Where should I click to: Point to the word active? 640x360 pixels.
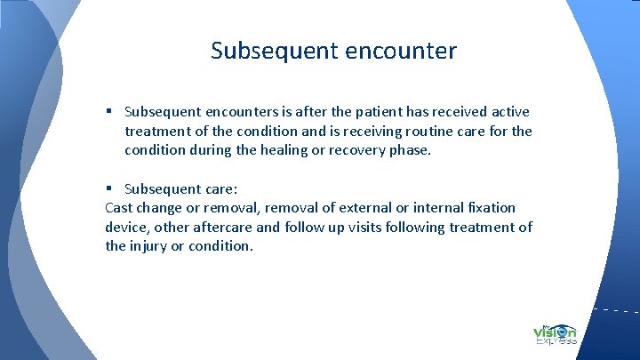[x=508, y=112]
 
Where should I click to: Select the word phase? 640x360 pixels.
[x=410, y=150]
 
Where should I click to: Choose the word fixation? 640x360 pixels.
[x=491, y=208]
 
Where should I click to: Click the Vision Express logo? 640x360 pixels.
[x=556, y=332]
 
